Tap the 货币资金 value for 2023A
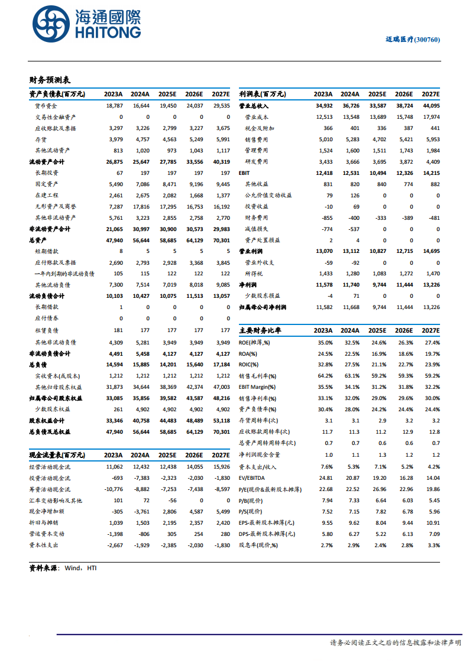coord(114,106)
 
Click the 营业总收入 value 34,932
coord(324,106)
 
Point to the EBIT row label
coord(244,173)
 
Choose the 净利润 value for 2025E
coord(378,285)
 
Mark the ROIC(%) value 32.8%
coord(325,364)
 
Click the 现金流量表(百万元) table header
coord(57,455)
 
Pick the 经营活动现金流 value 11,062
coord(114,466)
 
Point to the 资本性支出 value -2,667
coord(114,545)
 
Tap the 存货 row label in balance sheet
coord(41,139)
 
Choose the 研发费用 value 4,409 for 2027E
coord(431,162)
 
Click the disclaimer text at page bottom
coord(394,642)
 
